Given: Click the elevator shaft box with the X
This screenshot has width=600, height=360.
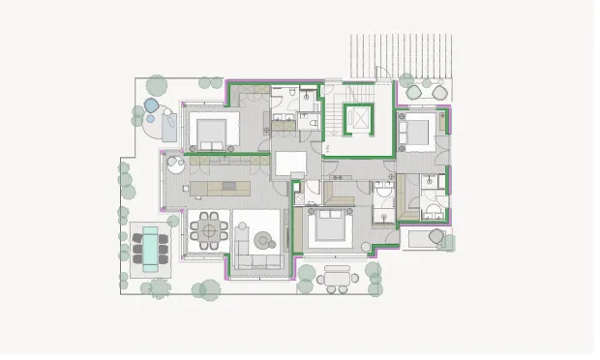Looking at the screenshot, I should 359,119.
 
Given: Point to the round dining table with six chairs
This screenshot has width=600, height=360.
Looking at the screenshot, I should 208,229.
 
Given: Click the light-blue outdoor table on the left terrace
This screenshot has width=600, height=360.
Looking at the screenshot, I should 150,246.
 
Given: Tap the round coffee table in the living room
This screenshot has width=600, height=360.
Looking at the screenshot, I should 262,239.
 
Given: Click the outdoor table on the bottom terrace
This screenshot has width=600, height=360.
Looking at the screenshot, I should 338,275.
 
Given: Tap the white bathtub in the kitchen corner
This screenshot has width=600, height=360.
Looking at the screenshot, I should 175,164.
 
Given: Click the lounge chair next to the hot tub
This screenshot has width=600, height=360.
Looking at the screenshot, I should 169,126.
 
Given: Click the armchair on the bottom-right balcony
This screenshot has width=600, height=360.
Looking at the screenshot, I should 436,236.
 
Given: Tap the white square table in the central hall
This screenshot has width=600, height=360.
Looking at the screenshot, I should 289,164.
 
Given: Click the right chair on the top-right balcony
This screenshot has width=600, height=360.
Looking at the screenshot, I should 439,93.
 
